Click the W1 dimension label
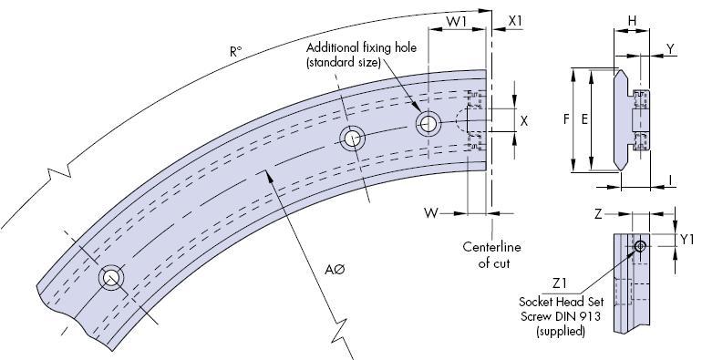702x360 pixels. (456, 21)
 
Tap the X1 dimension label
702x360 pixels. (515, 21)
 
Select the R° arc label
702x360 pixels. (235, 52)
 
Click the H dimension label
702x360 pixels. (632, 21)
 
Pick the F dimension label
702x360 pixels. (567, 119)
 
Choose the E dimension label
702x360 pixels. (584, 119)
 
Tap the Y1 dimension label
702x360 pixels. (687, 240)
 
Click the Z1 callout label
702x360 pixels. (560, 283)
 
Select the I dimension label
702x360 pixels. (670, 180)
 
